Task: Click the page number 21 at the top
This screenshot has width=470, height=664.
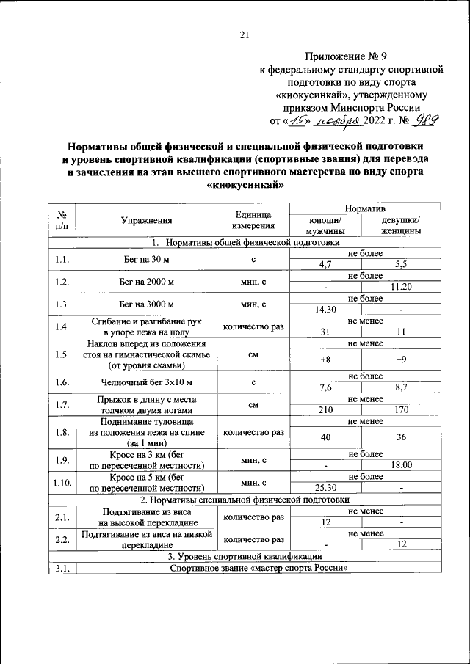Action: tap(245, 34)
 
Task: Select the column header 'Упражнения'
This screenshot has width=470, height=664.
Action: tap(147, 219)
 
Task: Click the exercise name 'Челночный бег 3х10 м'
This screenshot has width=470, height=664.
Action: tap(147, 382)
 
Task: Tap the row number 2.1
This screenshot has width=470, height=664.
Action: tap(62, 517)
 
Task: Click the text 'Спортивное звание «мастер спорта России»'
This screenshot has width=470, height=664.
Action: tap(257, 569)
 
